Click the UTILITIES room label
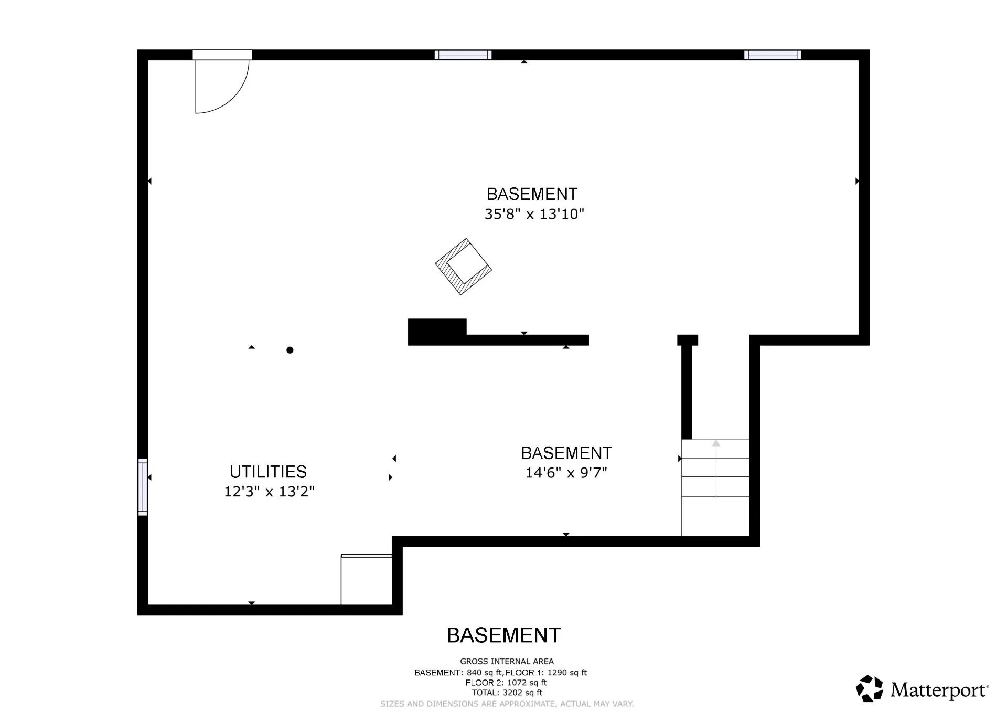[x=268, y=472]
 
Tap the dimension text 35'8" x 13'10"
[x=534, y=214]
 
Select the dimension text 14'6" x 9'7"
[x=566, y=473]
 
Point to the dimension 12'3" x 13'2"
[x=269, y=492]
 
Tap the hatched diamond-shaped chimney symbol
[x=463, y=267]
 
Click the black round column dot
[x=290, y=350]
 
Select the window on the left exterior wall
[x=143, y=487]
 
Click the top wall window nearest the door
[x=463, y=55]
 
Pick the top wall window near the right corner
[x=773, y=55]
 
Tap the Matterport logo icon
[x=870, y=688]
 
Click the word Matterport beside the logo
[x=939, y=690]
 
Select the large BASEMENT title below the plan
[x=504, y=635]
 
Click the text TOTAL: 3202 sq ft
[x=507, y=693]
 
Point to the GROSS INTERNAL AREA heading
[x=507, y=661]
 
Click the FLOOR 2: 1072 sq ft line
[x=506, y=683]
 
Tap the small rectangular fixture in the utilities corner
[x=366, y=580]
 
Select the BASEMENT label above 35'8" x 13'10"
[x=532, y=194]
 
